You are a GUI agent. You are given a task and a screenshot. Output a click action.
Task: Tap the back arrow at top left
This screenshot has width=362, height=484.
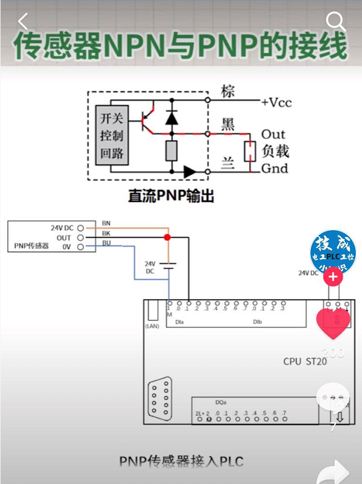click(22, 22)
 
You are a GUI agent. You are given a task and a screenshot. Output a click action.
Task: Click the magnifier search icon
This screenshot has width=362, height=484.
click(336, 22)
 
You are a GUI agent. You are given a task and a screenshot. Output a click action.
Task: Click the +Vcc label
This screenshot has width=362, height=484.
click(276, 102)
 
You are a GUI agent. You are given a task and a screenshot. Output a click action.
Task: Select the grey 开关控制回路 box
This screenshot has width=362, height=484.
click(112, 135)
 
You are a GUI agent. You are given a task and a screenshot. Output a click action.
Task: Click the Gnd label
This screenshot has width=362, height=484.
click(274, 168)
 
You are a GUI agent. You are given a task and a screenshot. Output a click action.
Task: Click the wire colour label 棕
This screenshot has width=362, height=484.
click(227, 92)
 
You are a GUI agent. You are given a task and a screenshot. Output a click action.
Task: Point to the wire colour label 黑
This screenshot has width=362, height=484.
click(227, 125)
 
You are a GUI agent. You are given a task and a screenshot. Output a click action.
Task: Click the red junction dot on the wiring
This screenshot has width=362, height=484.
click(167, 238)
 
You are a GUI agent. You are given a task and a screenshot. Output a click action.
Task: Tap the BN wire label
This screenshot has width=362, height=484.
click(106, 223)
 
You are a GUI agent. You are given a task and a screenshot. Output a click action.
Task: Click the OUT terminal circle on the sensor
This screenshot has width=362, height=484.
click(80, 238)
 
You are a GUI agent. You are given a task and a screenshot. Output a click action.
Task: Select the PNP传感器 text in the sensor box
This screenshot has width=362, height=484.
click(31, 246)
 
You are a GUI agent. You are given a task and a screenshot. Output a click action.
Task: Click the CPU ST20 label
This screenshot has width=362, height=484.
click(305, 361)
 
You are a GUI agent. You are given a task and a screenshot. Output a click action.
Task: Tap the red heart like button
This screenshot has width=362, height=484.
click(333, 323)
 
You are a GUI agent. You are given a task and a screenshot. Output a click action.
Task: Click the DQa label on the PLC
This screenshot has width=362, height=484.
click(221, 403)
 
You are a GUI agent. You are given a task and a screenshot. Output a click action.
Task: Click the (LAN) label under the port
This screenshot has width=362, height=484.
click(153, 326)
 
